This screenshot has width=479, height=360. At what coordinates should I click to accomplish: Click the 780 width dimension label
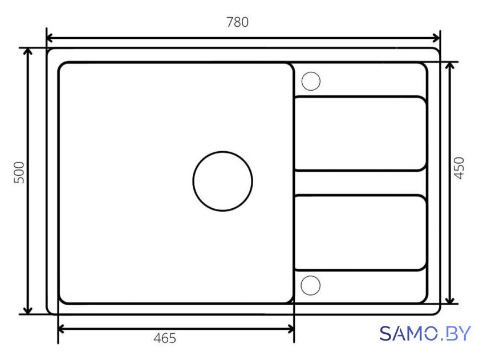[x=237, y=22]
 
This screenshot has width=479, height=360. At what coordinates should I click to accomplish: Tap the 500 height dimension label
[x=19, y=172]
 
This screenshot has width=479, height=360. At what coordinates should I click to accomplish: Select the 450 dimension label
[x=459, y=168]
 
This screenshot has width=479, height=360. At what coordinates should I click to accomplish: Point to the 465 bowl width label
[x=165, y=338]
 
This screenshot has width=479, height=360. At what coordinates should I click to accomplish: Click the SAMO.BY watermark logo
[x=425, y=333]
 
